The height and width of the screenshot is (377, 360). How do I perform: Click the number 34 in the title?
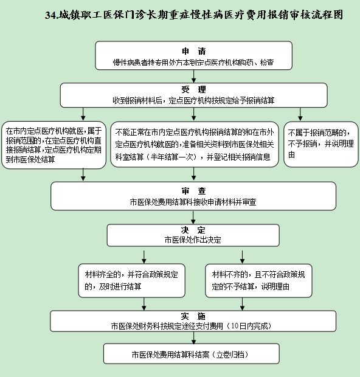50,15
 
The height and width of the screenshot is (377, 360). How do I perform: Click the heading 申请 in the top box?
194,51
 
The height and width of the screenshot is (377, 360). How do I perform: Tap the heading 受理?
194,89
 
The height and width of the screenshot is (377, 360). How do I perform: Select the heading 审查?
194,191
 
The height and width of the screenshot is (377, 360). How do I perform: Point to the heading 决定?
193,230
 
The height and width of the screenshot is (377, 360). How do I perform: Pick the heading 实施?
193,316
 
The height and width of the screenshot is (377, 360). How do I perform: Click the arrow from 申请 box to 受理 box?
194,76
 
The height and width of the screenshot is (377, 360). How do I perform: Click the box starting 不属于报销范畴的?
321,144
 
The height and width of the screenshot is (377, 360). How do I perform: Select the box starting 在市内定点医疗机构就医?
54,145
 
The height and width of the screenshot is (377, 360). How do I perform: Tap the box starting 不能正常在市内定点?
195,144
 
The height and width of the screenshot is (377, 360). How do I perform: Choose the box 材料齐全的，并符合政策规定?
131,280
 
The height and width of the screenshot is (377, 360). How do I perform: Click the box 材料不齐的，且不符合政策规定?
258,280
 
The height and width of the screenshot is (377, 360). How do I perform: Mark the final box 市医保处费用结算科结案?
192,354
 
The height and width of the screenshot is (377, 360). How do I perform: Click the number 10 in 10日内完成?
235,326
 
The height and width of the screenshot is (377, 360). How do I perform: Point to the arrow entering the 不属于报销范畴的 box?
300,114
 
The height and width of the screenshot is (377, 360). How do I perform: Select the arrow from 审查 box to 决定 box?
193,218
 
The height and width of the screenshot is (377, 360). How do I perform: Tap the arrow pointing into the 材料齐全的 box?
144,257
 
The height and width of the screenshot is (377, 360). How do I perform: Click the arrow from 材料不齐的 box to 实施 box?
242,304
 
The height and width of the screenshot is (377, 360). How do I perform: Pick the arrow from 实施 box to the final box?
193,338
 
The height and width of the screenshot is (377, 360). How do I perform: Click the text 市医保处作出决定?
193,240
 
